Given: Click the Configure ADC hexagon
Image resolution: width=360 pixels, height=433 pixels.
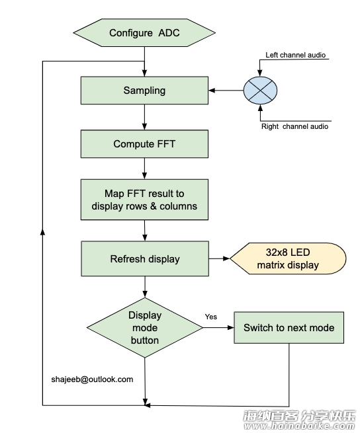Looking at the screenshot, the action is [x=144, y=32].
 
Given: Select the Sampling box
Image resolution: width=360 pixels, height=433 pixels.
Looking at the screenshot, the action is [x=144, y=91].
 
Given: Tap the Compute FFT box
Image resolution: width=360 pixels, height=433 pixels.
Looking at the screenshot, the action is [x=144, y=144].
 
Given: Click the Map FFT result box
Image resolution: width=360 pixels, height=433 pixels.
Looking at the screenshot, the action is [x=144, y=200].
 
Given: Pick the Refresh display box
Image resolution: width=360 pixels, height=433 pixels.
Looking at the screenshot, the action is [x=145, y=258].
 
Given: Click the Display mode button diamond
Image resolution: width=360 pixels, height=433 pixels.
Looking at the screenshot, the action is [x=145, y=327].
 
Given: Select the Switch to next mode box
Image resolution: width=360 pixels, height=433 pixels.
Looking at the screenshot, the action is [x=289, y=328].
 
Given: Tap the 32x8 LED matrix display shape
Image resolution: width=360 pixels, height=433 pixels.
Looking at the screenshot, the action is [x=288, y=258].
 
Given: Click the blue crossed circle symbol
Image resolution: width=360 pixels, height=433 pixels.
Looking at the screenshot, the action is [x=260, y=91].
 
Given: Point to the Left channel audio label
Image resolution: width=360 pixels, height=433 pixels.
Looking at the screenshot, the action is [x=295, y=55].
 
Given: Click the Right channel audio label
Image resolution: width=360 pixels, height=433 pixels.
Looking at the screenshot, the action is [x=294, y=126].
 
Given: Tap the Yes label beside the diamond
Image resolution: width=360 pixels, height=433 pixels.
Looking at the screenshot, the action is [x=211, y=317].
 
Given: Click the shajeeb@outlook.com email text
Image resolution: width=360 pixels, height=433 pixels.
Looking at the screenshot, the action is [x=92, y=379].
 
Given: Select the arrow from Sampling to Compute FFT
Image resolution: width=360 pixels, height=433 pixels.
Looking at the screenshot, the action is [x=144, y=117].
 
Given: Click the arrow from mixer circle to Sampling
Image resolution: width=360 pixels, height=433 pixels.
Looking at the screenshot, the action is [x=226, y=91].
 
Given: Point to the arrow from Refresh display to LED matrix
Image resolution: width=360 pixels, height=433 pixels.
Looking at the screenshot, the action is [x=219, y=258].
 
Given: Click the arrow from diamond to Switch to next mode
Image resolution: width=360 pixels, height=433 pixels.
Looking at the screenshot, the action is [x=218, y=327].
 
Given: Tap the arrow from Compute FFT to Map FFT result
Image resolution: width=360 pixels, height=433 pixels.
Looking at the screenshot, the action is [x=144, y=169].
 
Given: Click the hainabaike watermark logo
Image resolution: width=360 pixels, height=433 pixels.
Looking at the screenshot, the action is [x=299, y=420].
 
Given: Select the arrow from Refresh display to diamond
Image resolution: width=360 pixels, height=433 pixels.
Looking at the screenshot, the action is [x=145, y=287].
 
